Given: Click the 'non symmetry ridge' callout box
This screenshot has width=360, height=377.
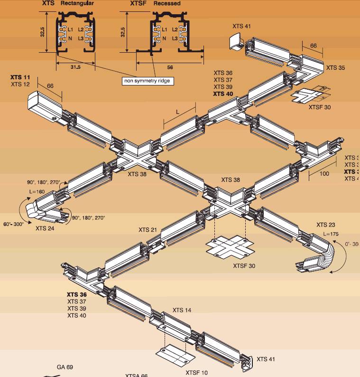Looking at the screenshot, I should (148, 81).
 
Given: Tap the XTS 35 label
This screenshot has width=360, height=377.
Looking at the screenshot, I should (335, 68).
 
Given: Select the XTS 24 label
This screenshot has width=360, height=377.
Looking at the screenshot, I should (45, 228).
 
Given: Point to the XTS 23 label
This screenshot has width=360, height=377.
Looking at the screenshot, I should (326, 225).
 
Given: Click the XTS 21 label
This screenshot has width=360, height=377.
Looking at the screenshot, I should (148, 230).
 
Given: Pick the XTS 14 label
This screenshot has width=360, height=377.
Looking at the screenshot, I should (182, 311).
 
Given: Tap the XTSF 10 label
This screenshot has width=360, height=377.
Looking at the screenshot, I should (196, 373).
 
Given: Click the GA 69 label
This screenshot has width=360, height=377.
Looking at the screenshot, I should (65, 367).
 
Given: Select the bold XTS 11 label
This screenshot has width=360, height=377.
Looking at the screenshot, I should (20, 77).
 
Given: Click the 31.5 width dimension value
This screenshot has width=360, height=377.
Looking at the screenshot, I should (75, 67).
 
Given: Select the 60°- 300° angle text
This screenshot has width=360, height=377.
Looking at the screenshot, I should (14, 223).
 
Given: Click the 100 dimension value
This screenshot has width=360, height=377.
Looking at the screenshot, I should (324, 174).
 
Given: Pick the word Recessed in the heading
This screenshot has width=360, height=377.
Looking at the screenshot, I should (167, 3).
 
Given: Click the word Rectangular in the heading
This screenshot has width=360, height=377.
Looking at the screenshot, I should (77, 3).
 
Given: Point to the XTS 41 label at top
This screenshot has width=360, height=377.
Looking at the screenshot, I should (241, 26).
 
